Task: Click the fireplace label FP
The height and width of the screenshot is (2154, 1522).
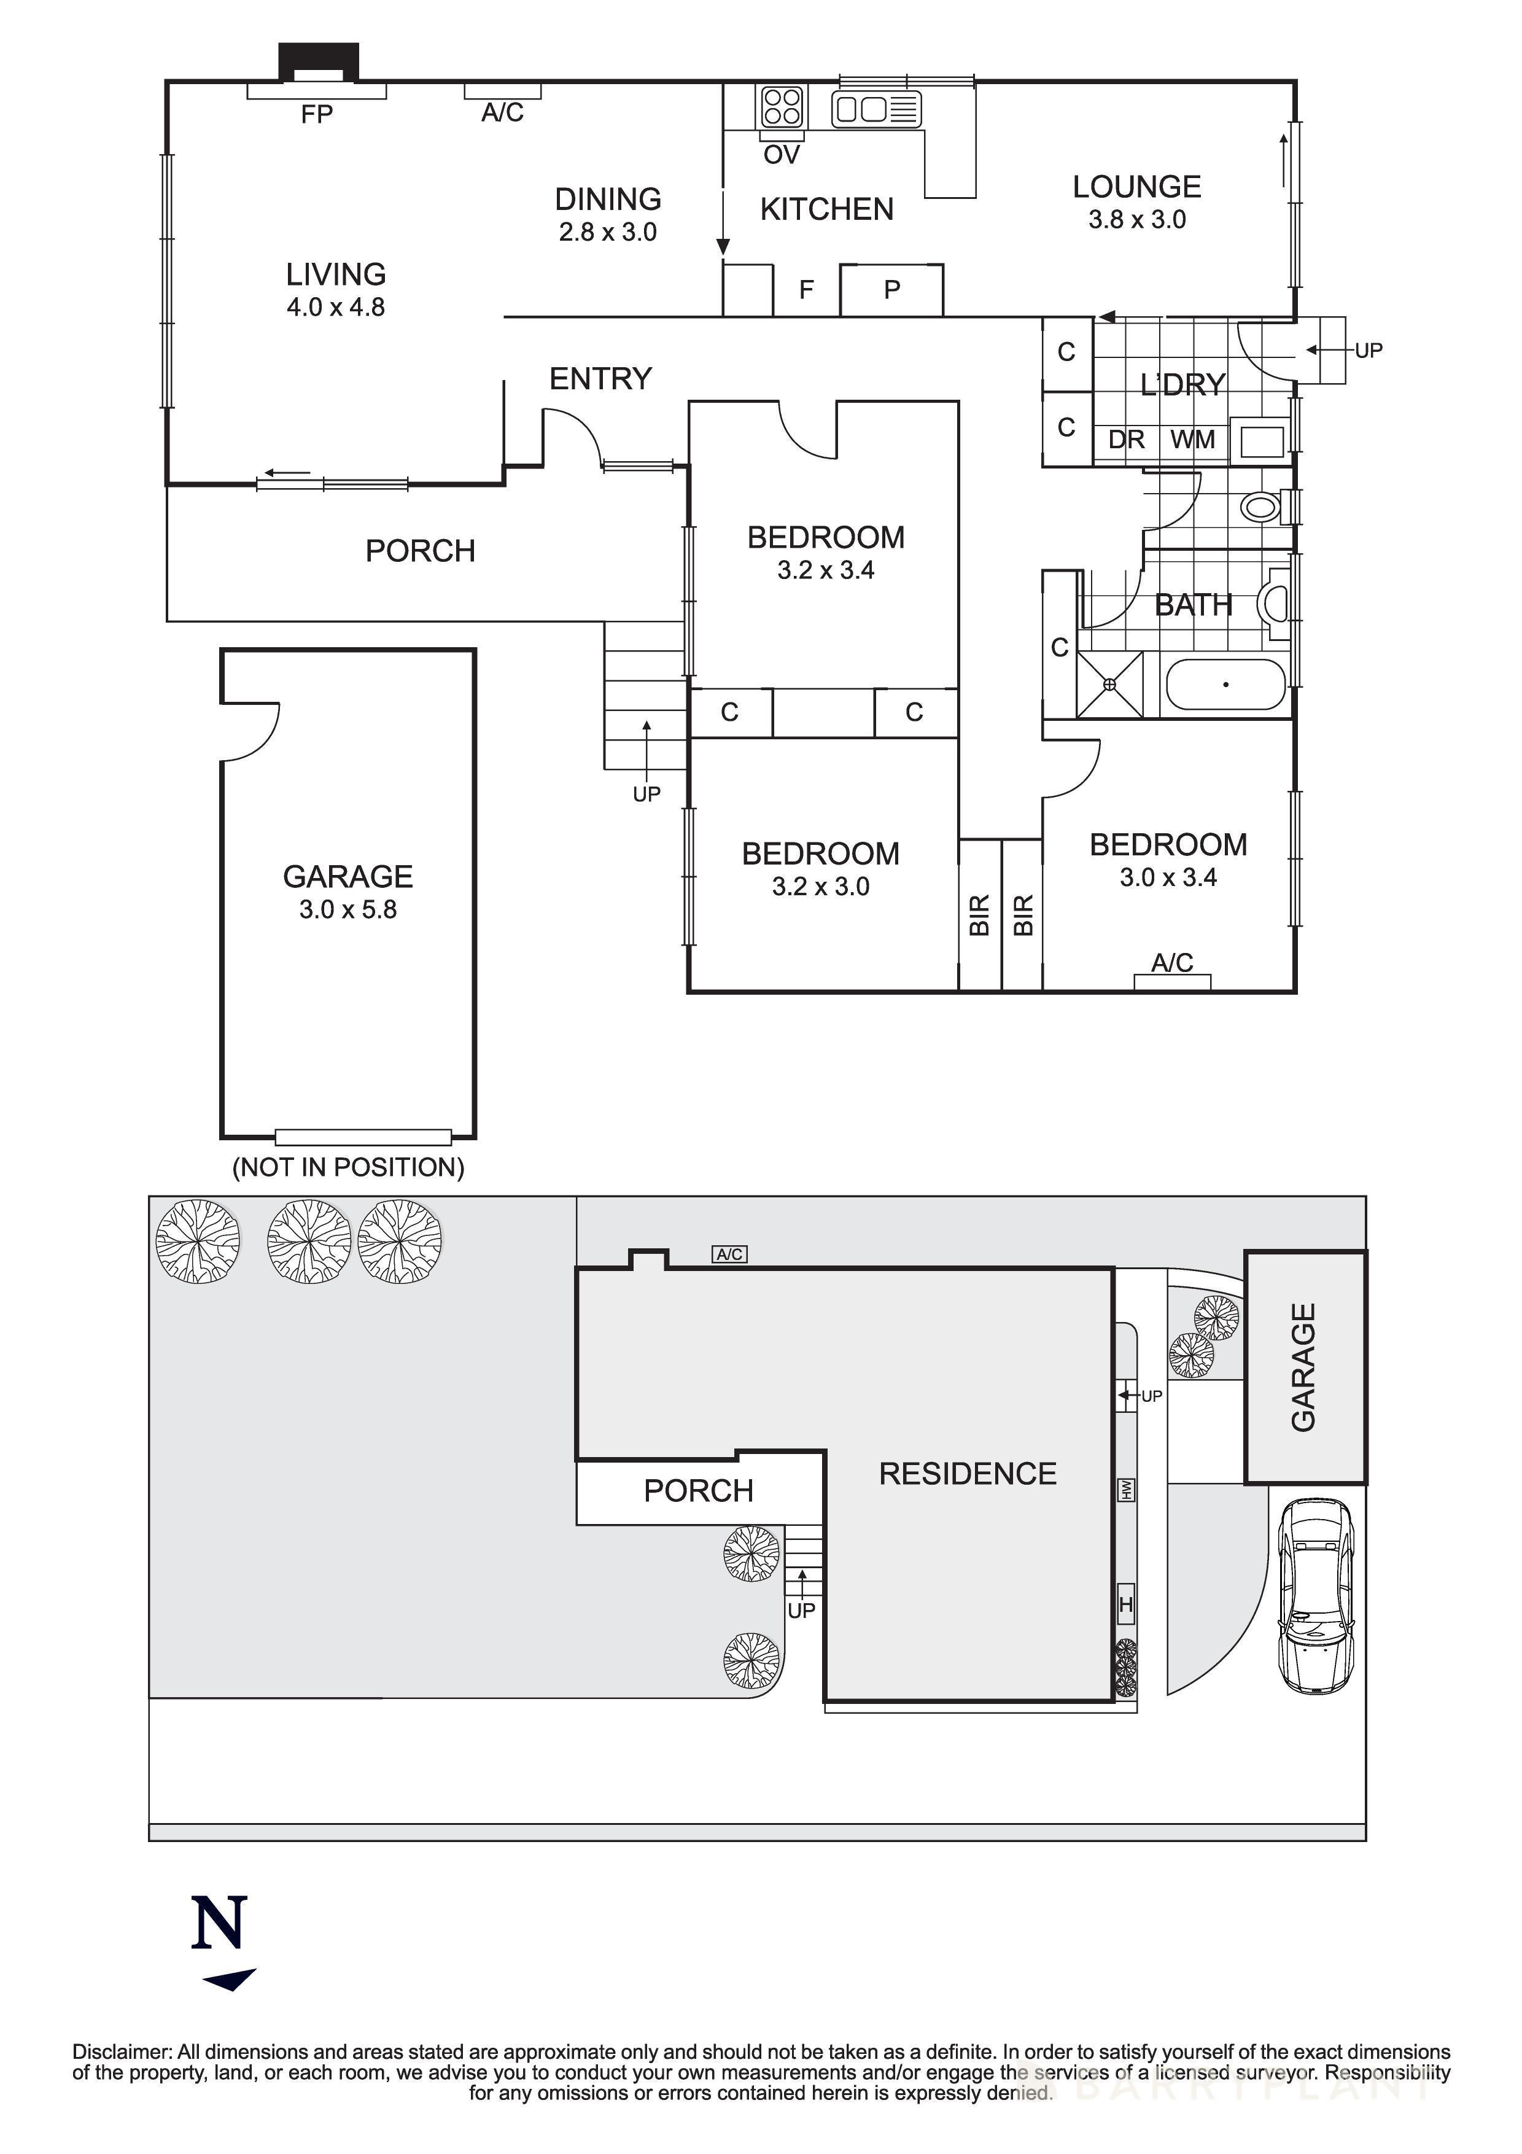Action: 317,114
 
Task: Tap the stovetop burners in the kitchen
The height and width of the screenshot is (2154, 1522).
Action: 781,106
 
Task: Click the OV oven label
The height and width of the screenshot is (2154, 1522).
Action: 781,155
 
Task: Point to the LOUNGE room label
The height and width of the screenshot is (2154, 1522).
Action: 1136,187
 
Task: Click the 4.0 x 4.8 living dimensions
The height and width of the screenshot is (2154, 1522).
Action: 336,308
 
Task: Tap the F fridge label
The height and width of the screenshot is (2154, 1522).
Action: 806,290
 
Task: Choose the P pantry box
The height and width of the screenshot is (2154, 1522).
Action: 891,289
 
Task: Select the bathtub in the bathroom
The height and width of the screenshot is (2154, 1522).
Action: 1225,684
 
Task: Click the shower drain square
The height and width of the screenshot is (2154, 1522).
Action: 1109,685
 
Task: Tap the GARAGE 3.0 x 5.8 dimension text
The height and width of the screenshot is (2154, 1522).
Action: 348,909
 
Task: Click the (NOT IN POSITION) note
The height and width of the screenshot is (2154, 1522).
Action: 348,1167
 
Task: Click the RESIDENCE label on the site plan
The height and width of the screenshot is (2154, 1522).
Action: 968,1474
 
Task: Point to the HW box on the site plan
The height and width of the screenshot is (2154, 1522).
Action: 1126,1489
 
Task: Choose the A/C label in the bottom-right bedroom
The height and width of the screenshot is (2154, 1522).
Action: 1172,963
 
